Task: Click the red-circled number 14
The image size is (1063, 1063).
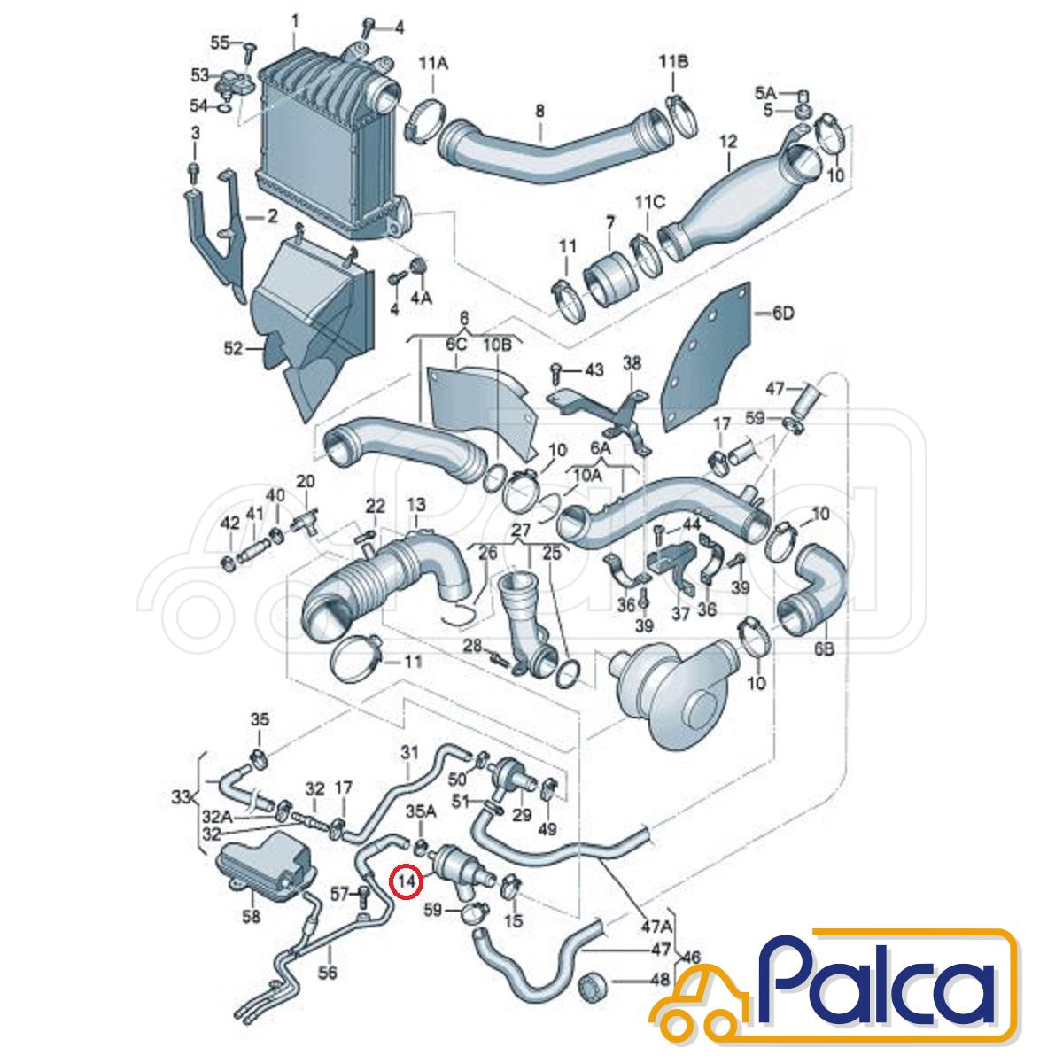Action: click(406, 896)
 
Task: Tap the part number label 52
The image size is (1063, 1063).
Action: click(233, 348)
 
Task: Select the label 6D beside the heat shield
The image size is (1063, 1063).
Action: click(782, 314)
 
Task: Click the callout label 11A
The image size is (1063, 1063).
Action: click(433, 65)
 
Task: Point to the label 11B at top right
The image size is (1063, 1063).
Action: click(673, 62)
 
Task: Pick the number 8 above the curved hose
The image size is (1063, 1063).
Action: click(539, 111)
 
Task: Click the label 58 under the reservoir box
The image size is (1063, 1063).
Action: click(251, 916)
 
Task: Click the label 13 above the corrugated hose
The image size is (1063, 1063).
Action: click(416, 504)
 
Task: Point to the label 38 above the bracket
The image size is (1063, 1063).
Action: click(632, 363)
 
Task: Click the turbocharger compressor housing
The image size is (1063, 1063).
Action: click(674, 698)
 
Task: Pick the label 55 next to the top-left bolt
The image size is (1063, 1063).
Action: click(220, 43)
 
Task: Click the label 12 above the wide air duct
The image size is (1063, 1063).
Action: click(728, 142)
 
